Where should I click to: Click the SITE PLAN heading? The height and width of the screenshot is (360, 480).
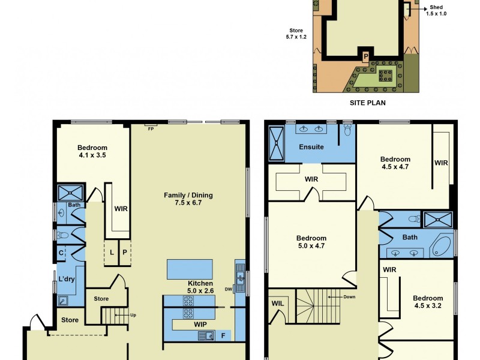coord(367,103)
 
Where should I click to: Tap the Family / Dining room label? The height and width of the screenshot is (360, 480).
coord(188,199)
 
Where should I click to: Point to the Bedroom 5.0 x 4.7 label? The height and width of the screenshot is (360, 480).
coord(311,242)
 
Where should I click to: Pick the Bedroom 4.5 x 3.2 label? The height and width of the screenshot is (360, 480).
coord(428,302)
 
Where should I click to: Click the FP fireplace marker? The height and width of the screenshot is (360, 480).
coord(150,128)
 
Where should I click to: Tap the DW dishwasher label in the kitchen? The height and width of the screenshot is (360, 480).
coord(229,289)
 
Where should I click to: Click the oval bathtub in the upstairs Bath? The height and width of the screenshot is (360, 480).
coord(442,245)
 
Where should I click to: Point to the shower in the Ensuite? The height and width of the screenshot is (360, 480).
coord(276,143)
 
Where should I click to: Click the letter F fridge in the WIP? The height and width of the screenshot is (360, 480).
coord(223,335)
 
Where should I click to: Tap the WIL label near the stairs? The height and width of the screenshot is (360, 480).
coord(277,304)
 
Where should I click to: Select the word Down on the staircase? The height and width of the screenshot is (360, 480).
coord(350,296)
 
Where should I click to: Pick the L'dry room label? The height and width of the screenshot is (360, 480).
coord(66,279)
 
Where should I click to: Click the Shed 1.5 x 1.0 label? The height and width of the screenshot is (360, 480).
coord(436,10)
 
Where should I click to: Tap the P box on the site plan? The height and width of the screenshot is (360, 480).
coord(365,56)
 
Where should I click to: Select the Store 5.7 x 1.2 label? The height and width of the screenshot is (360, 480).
coord(296,34)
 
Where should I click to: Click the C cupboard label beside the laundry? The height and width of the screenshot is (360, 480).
coord(61,253)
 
